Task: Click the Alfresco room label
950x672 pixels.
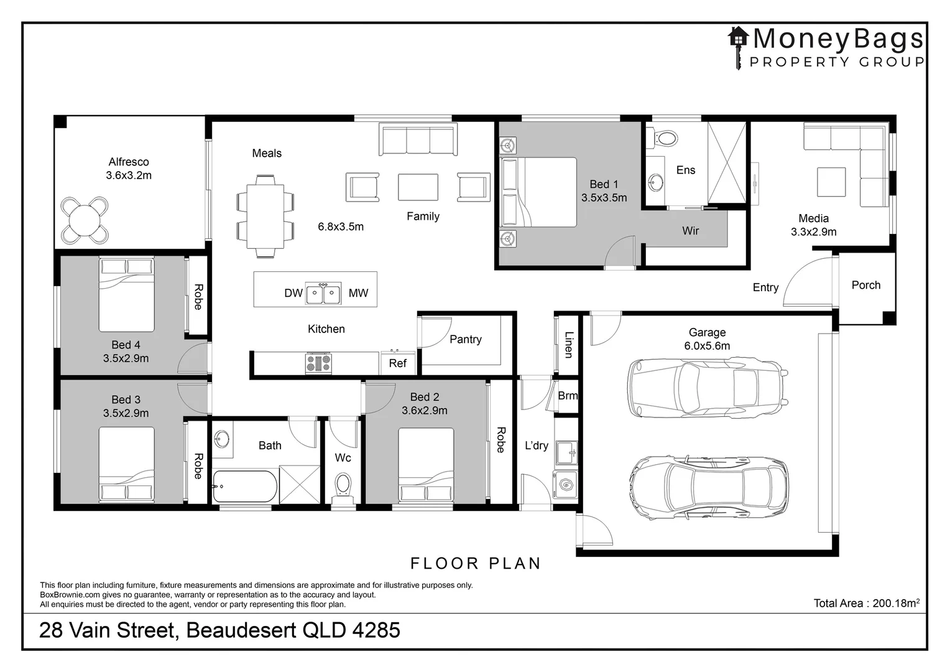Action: [x=129, y=162]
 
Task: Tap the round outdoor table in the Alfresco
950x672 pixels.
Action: [x=85, y=220]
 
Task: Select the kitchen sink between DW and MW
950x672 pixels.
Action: [x=323, y=293]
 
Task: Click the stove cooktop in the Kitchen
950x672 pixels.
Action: [x=318, y=363]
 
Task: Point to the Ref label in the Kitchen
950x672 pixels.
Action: [x=397, y=363]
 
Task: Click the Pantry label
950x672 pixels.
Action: [x=465, y=339]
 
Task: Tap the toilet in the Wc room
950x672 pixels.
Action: [x=343, y=485]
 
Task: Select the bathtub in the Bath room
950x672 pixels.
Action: [x=244, y=487]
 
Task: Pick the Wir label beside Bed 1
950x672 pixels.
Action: [x=690, y=231]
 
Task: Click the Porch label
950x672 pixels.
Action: [x=865, y=285]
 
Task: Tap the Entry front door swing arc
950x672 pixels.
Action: [x=802, y=274]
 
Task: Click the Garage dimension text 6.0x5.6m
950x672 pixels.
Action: [x=707, y=346]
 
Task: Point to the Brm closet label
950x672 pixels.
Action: [x=567, y=396]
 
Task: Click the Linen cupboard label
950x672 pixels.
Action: [x=568, y=344]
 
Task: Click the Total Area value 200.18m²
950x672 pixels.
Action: [x=895, y=603]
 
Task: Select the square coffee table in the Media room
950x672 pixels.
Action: [x=831, y=182]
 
